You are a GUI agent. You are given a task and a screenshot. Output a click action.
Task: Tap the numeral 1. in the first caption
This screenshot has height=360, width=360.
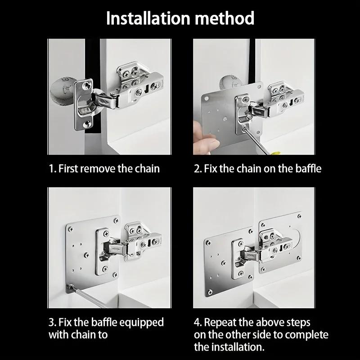tap(52, 169)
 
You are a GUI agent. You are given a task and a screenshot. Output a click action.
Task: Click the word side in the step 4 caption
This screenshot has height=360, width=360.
tap(266, 335)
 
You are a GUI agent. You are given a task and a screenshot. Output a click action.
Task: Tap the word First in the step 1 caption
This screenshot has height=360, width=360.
tap(68, 169)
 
